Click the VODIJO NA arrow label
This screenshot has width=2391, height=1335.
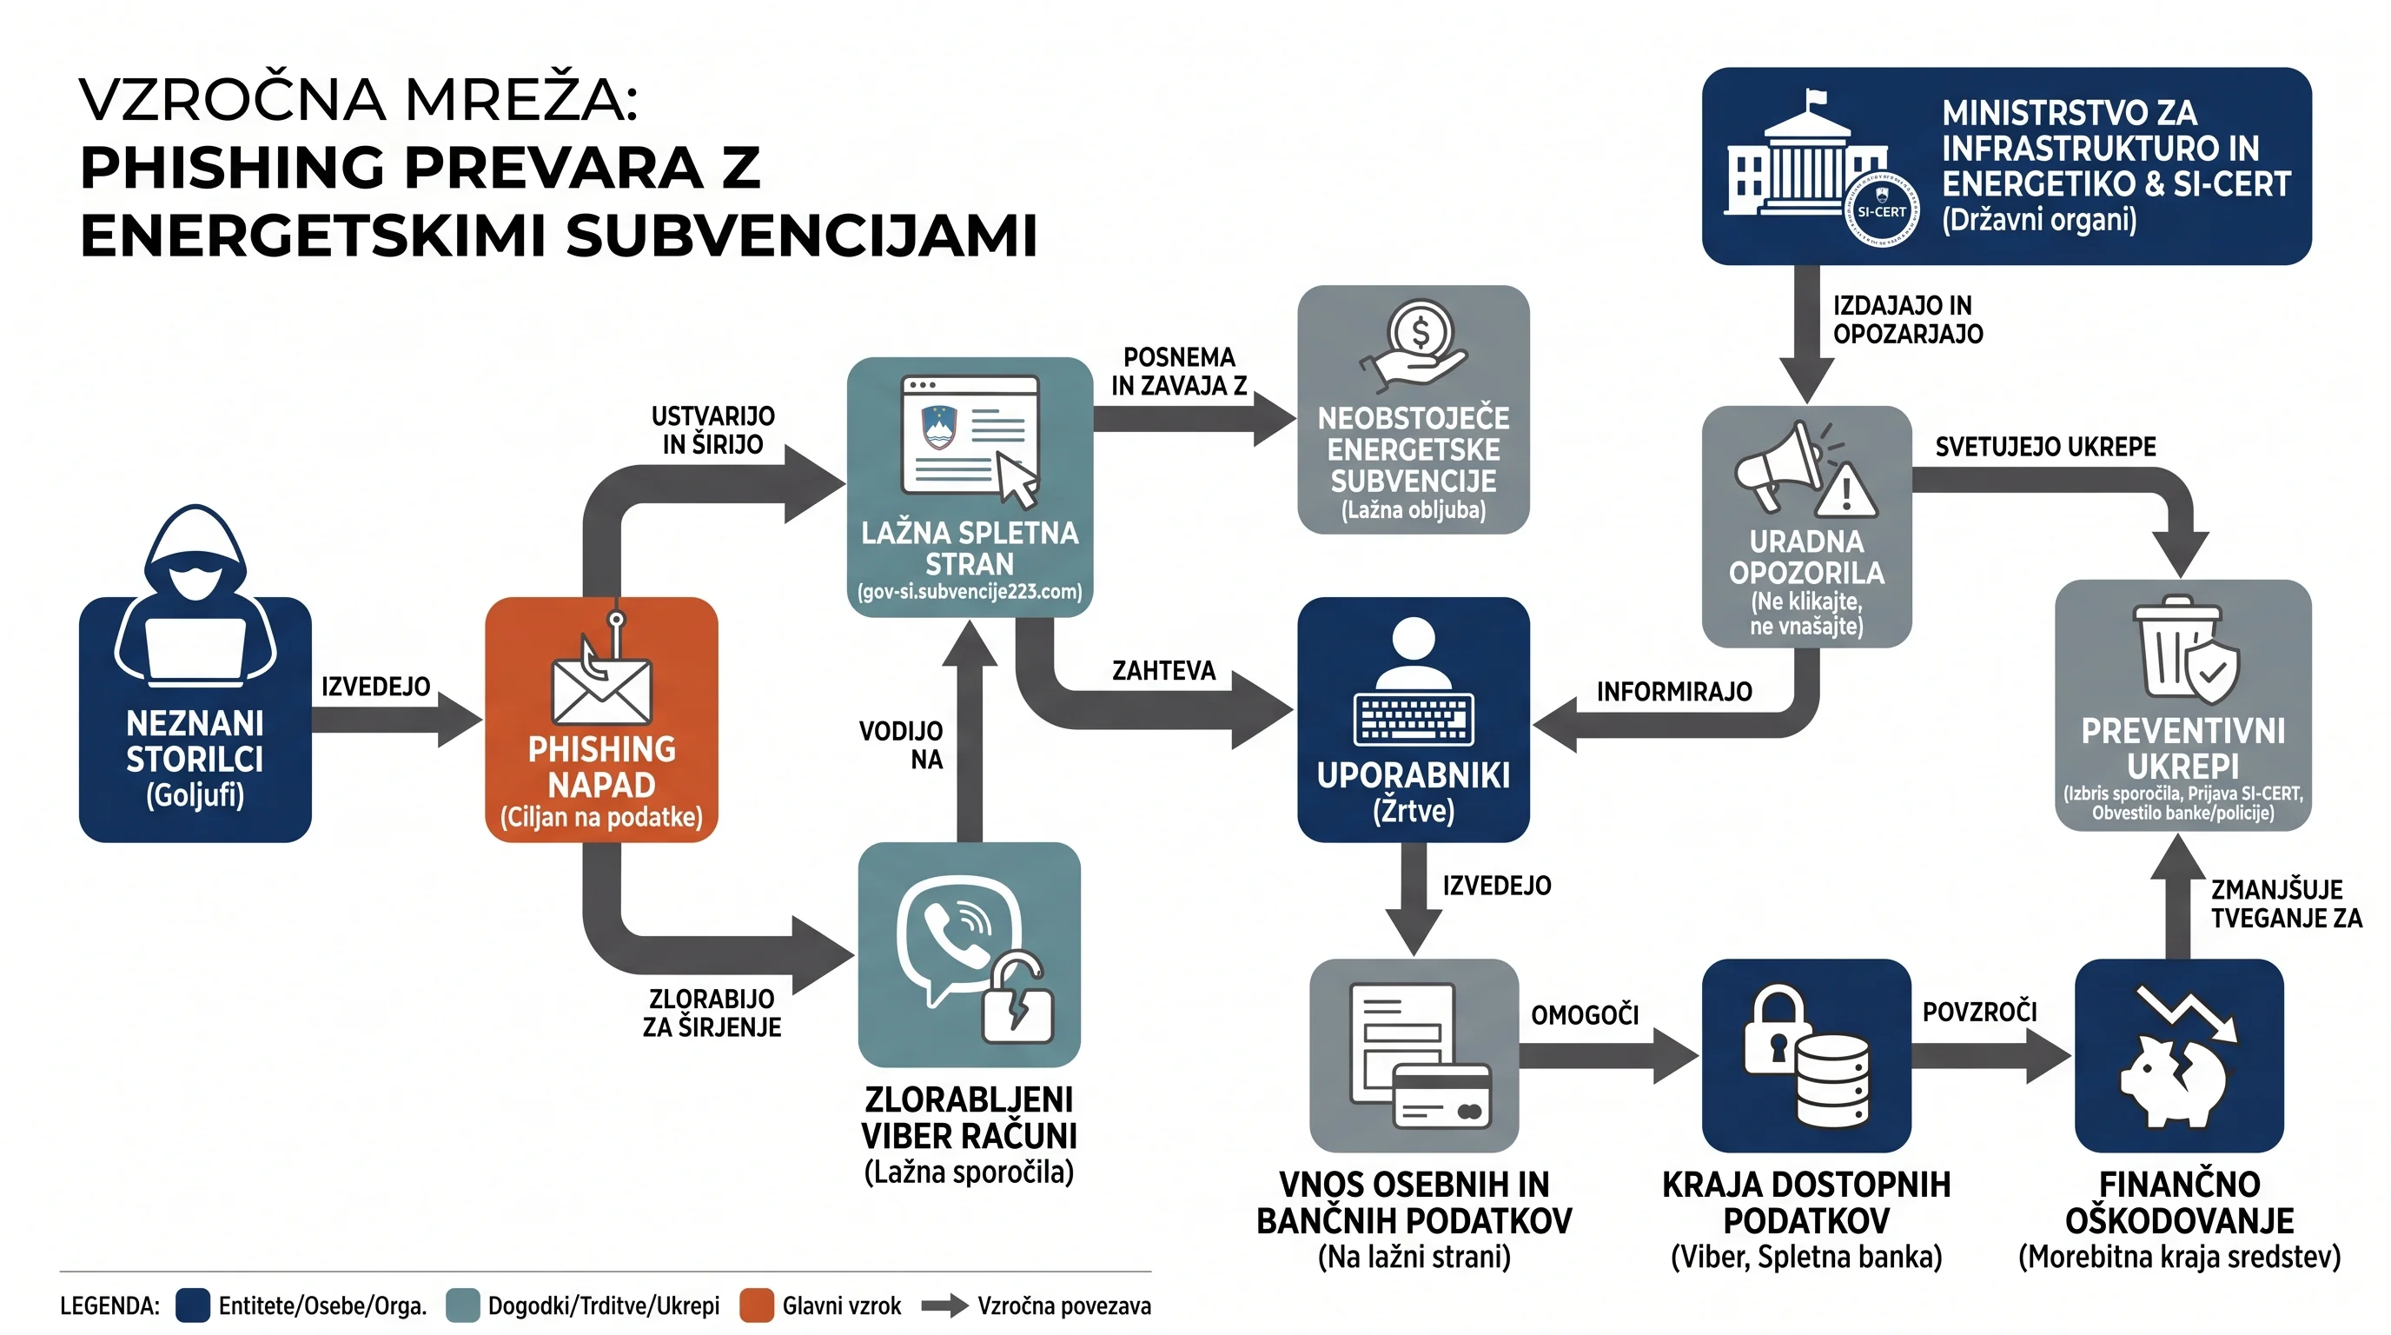coord(900,745)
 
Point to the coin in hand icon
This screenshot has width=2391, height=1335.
coord(1414,345)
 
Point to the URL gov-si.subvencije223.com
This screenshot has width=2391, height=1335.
coord(970,591)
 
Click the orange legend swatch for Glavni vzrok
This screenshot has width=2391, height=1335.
coord(757,1305)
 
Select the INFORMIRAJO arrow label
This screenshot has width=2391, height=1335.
coord(1674,692)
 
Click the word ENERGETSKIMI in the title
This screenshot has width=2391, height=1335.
coord(315,235)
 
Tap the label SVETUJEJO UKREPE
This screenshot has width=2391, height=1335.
coord(2046,447)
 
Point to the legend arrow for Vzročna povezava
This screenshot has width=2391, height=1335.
coord(945,1305)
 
